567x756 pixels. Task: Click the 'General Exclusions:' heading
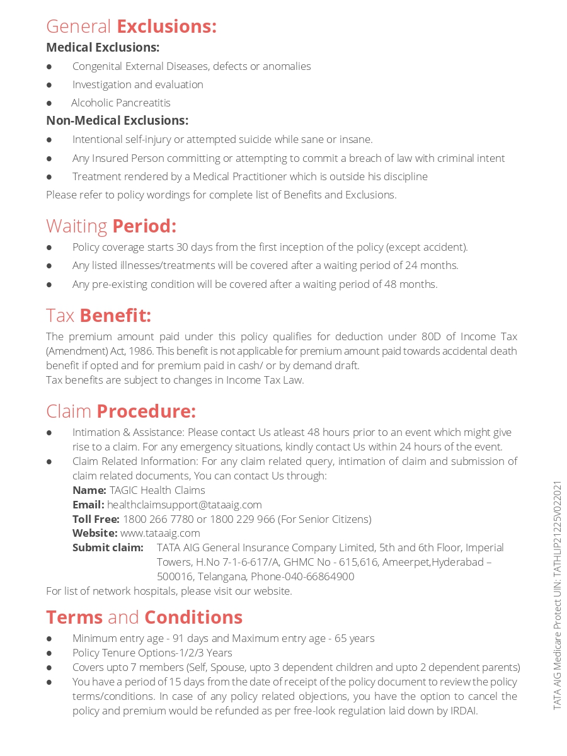pyautogui.click(x=131, y=26)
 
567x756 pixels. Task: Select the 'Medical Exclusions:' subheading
pyautogui.click(x=103, y=47)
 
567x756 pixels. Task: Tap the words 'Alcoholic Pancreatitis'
pyautogui.click(x=120, y=103)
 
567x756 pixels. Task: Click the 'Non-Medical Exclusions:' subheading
pyautogui.click(x=117, y=120)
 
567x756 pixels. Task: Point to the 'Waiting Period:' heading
pyautogui.click(x=111, y=226)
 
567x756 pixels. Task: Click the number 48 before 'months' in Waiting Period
pyautogui.click(x=391, y=284)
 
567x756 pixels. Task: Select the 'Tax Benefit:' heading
pyautogui.click(x=98, y=315)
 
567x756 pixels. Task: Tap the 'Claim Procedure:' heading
pyautogui.click(x=121, y=411)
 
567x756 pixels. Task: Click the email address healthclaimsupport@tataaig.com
pyautogui.click(x=184, y=505)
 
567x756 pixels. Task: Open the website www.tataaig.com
pyautogui.click(x=160, y=534)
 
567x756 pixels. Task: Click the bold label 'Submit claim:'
pyautogui.click(x=108, y=547)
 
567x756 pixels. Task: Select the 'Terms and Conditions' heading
pyautogui.click(x=144, y=617)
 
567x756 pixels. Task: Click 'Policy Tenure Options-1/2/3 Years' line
pyautogui.click(x=152, y=653)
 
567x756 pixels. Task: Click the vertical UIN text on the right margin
pyautogui.click(x=557, y=595)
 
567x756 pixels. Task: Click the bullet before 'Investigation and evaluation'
pyautogui.click(x=49, y=84)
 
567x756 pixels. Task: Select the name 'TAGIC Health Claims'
pyautogui.click(x=157, y=490)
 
